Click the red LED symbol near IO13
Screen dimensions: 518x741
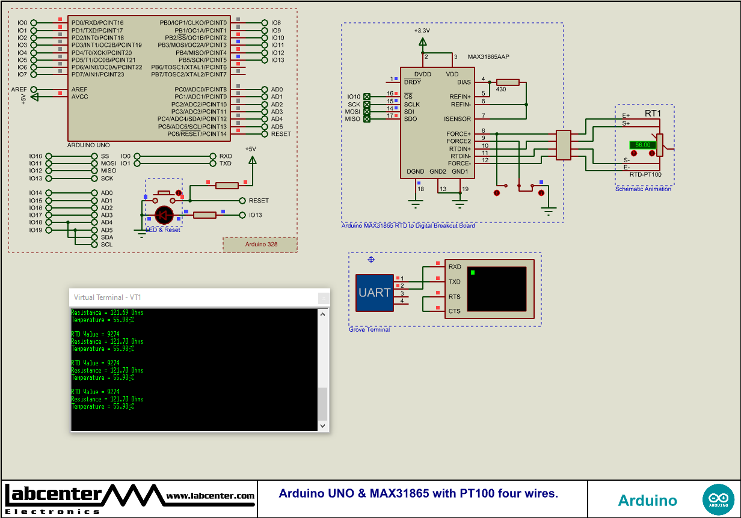point(164,215)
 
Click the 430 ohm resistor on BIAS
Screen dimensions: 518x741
point(508,82)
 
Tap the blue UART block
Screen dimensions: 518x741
point(374,293)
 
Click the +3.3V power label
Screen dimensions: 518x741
point(422,30)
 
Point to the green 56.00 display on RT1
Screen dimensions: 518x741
point(642,145)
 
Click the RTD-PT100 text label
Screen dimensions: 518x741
point(645,174)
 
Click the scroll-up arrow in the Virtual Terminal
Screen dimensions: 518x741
point(323,314)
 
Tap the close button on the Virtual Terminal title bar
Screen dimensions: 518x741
point(324,297)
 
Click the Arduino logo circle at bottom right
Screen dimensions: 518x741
point(718,499)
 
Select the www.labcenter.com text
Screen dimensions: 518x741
point(210,496)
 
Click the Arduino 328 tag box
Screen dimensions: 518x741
point(260,245)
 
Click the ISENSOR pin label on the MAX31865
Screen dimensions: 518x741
point(457,119)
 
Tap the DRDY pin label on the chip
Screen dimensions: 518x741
point(413,82)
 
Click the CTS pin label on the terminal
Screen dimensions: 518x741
point(454,311)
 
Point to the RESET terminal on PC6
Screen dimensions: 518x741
point(280,134)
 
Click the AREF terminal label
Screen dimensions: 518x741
point(19,89)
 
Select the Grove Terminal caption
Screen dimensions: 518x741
point(369,329)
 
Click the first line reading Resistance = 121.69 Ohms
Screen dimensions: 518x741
point(107,312)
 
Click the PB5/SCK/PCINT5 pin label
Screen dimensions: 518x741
point(202,60)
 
